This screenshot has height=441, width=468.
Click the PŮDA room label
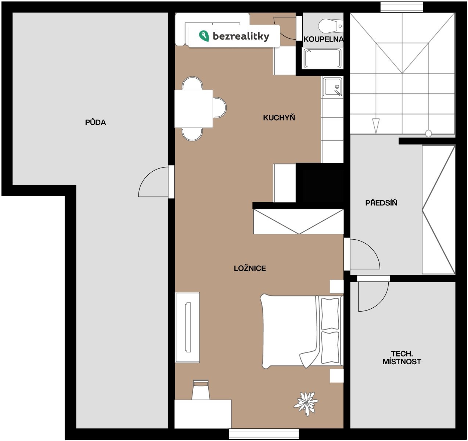tap(96, 122)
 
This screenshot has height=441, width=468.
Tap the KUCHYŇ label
tap(279, 118)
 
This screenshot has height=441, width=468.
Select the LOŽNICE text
tap(250, 268)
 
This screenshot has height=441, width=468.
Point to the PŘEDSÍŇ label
tap(381, 203)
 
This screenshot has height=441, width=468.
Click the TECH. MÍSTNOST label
tap(402, 358)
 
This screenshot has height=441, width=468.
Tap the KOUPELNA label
tap(323, 39)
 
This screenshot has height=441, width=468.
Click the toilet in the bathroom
tap(331, 26)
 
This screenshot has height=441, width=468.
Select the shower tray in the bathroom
tap(323, 58)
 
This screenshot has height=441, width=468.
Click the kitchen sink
tap(332, 87)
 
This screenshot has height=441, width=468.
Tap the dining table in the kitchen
tap(194, 109)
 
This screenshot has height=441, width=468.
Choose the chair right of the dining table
tap(220, 108)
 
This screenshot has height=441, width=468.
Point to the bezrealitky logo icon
tap(204, 36)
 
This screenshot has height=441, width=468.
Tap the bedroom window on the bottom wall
tap(264, 434)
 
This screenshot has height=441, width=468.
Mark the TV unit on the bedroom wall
tap(188, 327)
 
